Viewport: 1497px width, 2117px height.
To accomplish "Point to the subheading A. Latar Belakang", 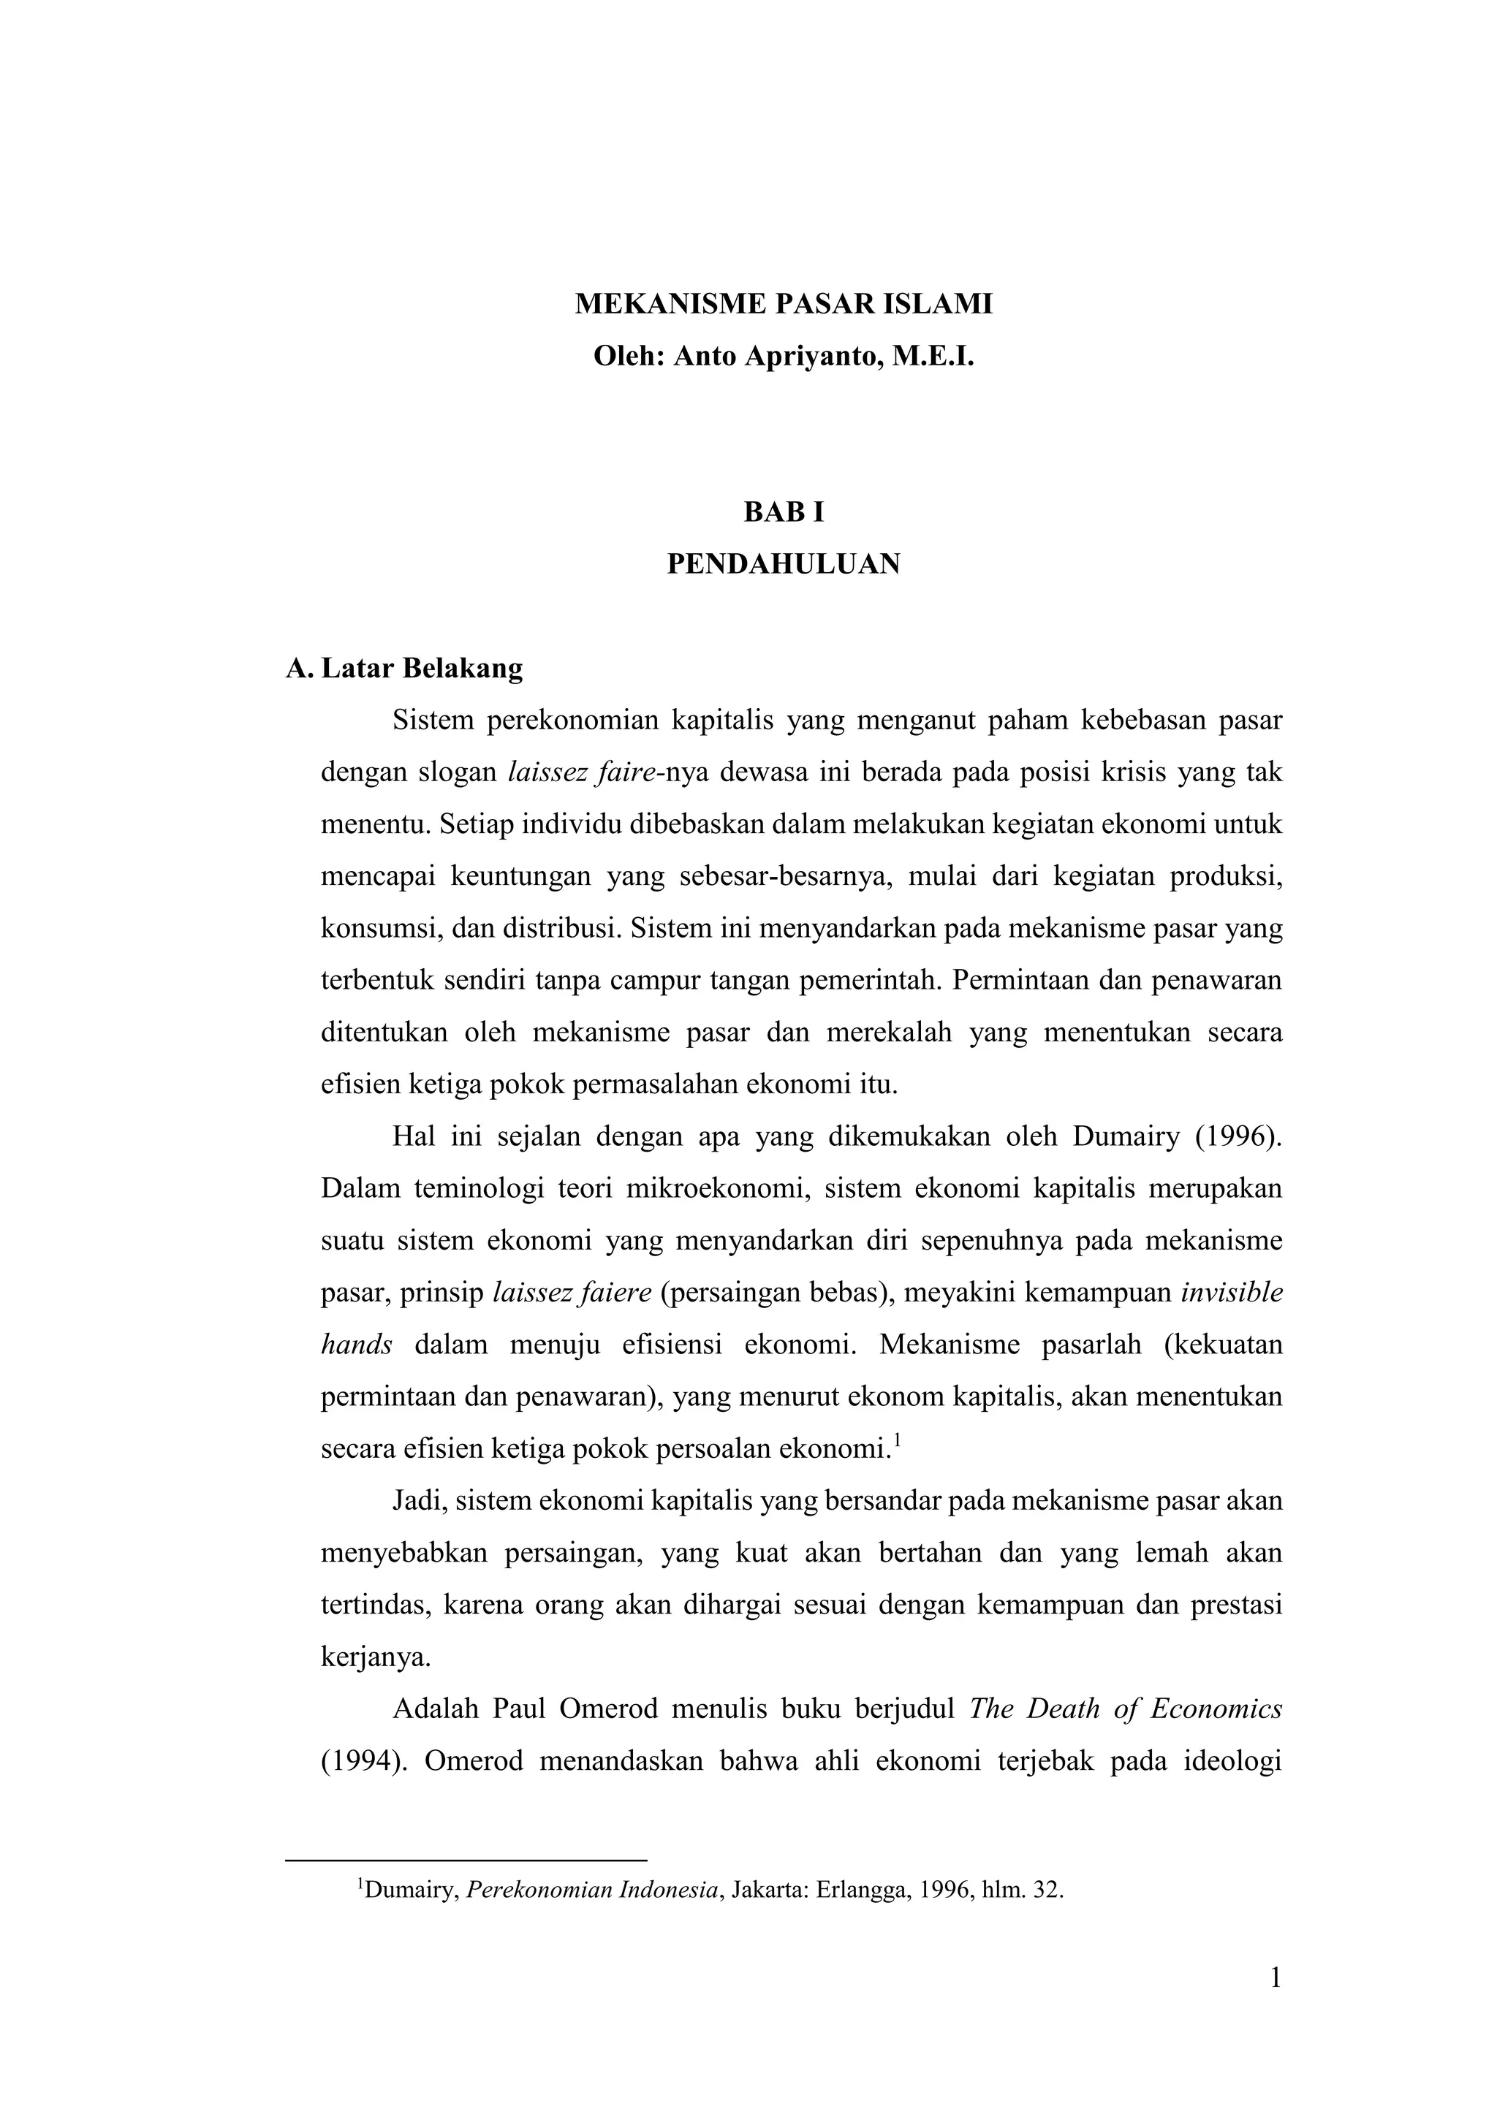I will [404, 668].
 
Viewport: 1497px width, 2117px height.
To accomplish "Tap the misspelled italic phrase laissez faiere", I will [573, 1293].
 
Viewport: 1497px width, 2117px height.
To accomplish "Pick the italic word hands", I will [356, 1345].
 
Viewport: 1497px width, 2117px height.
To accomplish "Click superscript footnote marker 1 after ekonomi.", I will [897, 1441].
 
